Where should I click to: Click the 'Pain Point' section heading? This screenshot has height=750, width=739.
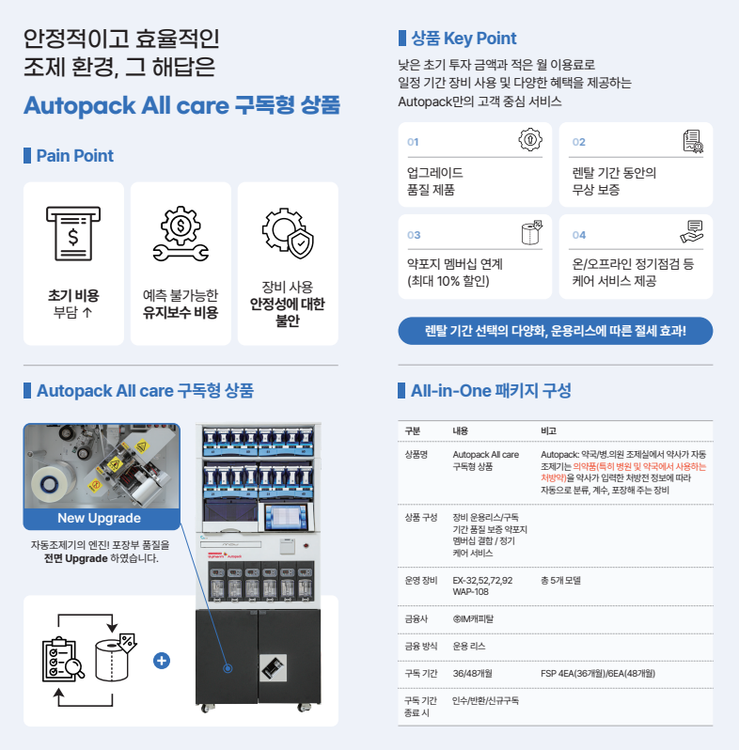(74, 155)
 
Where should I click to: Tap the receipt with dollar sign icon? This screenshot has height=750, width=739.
(73, 233)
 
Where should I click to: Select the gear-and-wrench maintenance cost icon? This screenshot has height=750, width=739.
(181, 233)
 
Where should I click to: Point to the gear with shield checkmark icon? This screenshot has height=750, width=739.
(288, 233)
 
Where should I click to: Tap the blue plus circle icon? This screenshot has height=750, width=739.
(162, 661)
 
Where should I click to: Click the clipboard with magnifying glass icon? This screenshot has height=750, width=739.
(63, 659)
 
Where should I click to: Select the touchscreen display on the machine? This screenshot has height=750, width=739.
(286, 517)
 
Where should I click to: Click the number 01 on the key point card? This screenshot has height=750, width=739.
(413, 142)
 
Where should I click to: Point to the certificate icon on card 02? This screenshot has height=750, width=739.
(693, 141)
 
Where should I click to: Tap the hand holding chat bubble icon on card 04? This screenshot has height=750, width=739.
(692, 231)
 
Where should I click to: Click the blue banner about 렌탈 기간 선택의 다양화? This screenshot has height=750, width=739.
(556, 331)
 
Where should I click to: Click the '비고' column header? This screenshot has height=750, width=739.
(548, 431)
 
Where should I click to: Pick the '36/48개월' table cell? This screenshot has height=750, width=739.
(472, 674)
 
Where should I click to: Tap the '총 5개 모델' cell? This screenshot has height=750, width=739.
(560, 580)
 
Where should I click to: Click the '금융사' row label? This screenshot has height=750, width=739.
(416, 619)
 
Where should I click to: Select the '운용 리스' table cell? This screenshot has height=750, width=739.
(469, 647)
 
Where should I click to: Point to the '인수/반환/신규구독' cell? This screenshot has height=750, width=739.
(486, 701)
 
